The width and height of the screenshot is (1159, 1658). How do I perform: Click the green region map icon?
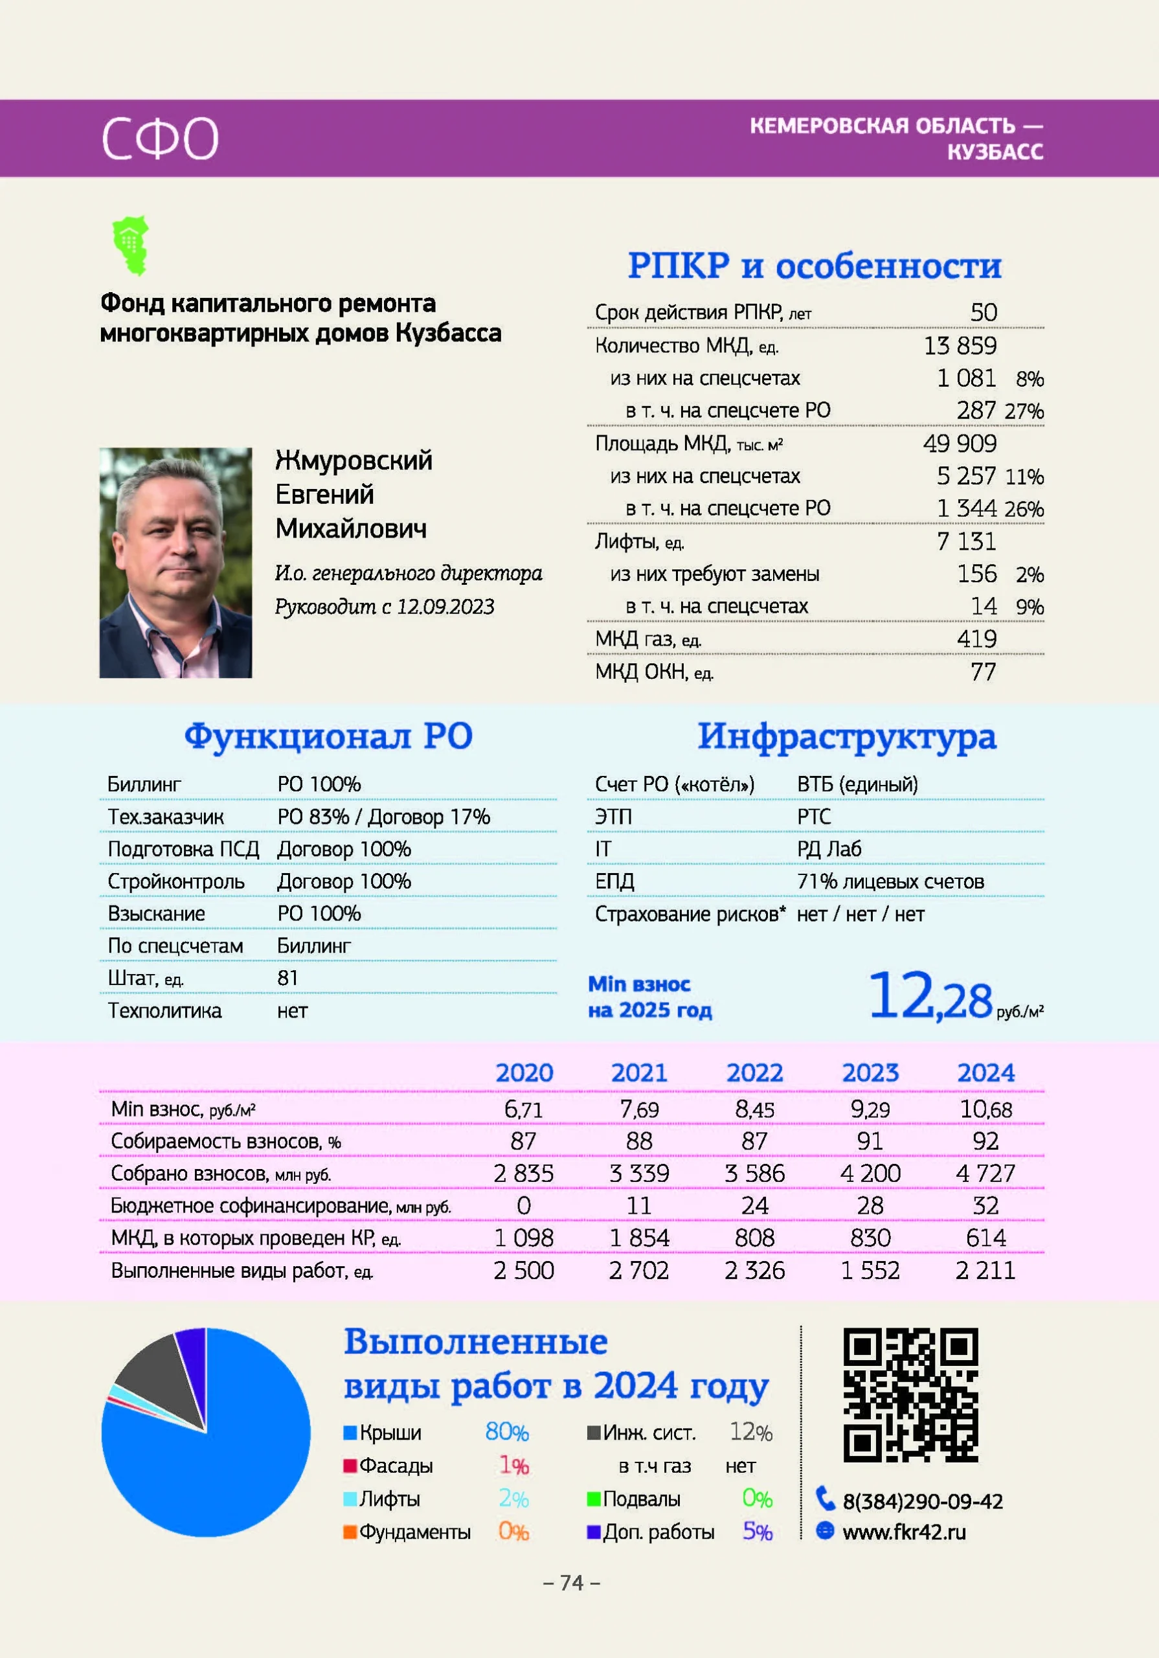point(131,245)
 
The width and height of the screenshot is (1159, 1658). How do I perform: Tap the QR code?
point(910,1394)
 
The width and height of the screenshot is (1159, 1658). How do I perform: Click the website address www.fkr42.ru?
point(903,1532)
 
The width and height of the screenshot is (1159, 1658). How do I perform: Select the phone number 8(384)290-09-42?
point(922,1501)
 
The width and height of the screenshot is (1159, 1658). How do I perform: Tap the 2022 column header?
point(754,1073)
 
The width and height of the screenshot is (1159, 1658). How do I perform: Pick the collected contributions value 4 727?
point(985,1174)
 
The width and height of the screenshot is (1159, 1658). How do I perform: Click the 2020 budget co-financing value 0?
point(524,1206)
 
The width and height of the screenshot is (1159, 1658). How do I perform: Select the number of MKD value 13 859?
point(960,346)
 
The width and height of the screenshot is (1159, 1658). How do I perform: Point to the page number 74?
point(571,1583)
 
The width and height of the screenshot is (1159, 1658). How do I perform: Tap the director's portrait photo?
point(175,563)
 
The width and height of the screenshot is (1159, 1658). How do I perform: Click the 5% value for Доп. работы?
point(758,1532)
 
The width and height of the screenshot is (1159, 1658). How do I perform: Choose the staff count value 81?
point(287,978)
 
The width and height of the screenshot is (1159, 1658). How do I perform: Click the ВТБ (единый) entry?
point(857,784)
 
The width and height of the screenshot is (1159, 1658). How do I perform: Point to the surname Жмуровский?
point(353,460)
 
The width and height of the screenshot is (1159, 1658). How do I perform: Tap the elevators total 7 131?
point(966,541)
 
